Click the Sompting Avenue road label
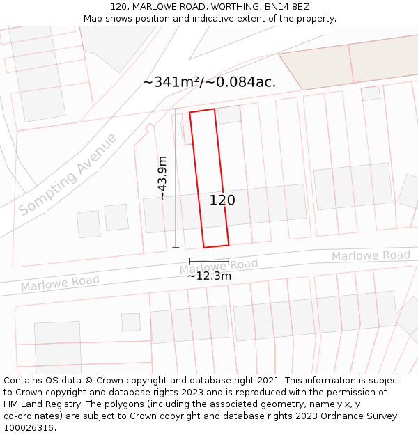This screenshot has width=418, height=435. (x=68, y=175)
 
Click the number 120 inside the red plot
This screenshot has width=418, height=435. (x=222, y=200)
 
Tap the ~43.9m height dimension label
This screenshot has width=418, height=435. (x=163, y=178)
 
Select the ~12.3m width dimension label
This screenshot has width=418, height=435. (x=209, y=276)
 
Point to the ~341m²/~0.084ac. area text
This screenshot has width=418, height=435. (x=209, y=82)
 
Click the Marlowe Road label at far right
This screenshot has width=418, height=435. (x=371, y=255)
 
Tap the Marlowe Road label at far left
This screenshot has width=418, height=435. (x=60, y=283)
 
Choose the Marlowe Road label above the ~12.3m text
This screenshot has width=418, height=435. (x=218, y=265)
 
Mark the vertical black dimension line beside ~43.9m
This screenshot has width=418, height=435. (x=176, y=178)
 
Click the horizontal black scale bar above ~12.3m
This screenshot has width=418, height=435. (x=209, y=262)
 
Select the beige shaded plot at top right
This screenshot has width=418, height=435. (x=348, y=63)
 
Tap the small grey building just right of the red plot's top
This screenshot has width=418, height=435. (x=229, y=115)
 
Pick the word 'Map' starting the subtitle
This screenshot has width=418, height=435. (x=93, y=18)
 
